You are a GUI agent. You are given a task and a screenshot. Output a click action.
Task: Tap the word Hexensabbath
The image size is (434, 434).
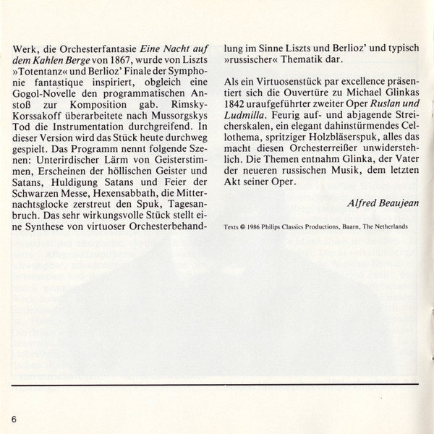tap(120, 195)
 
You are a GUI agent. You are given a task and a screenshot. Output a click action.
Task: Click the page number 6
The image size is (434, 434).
tap(13, 420)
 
